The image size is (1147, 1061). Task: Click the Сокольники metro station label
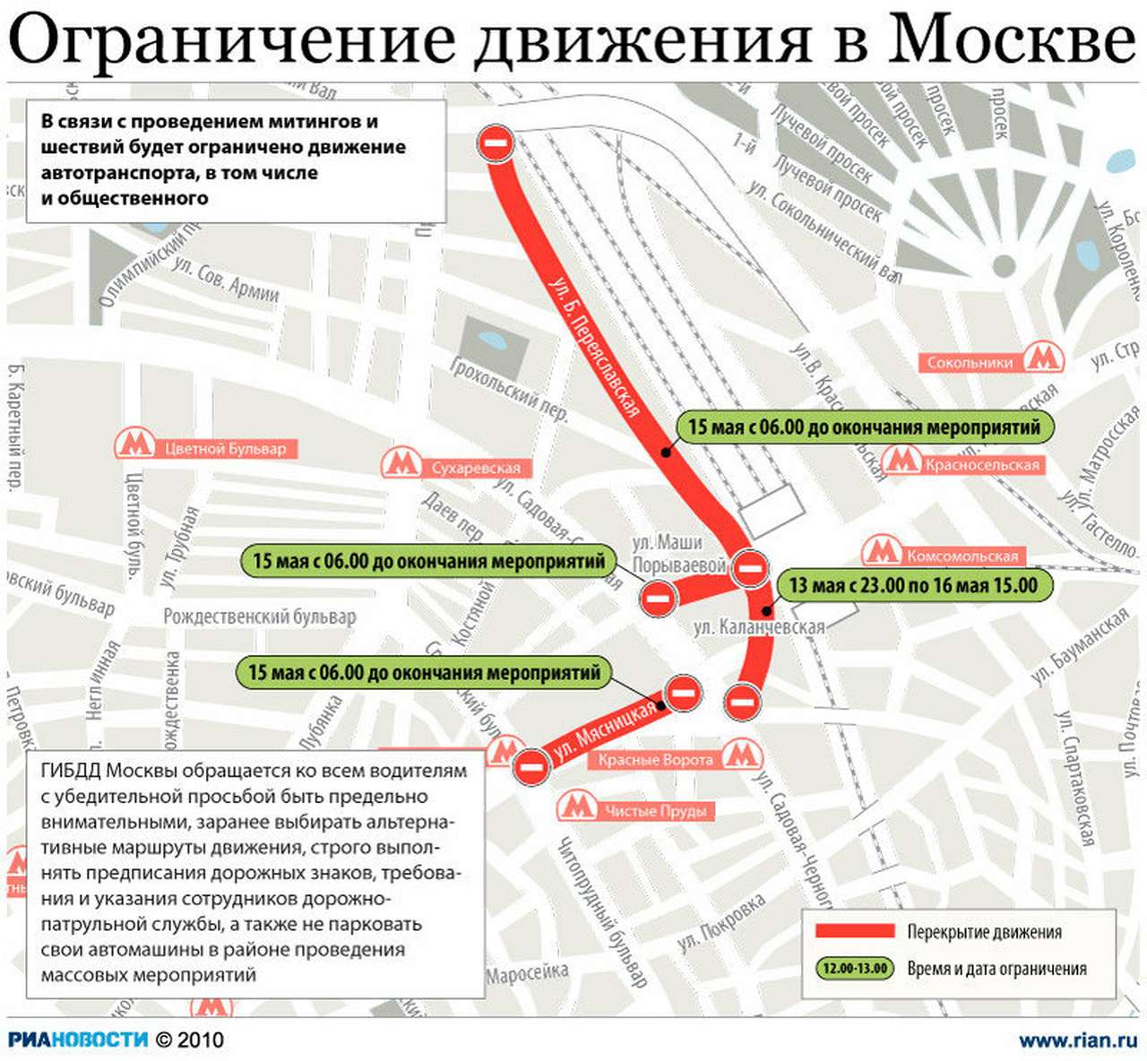pos(970,363)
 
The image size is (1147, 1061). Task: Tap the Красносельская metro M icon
pos(901,461)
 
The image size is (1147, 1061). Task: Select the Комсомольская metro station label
pos(962,556)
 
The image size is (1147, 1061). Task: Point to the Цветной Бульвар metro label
pos(225,449)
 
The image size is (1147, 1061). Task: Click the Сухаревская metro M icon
pos(402,463)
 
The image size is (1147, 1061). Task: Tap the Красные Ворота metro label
pos(655,760)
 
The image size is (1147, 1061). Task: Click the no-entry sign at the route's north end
pos(496,142)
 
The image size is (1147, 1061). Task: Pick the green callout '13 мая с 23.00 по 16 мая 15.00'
pos(912,586)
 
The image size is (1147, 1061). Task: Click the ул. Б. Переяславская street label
pos(594,348)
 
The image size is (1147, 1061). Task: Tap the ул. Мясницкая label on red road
pos(606,732)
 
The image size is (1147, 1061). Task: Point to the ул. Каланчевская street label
pos(759,627)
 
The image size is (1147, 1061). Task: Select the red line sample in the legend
pos(854,931)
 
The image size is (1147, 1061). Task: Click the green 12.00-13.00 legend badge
pos(855,969)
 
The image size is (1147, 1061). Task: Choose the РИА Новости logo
pos(78,1039)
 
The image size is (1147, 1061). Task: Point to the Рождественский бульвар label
pos(259,617)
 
